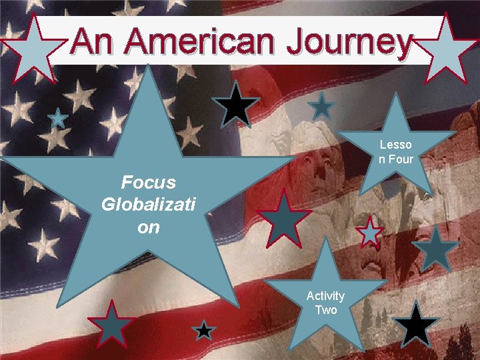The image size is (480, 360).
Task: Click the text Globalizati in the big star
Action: click(x=149, y=204)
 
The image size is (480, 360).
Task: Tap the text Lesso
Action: click(x=396, y=145)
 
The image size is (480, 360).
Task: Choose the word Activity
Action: click(x=325, y=295)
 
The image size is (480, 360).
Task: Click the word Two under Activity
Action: click(x=326, y=309)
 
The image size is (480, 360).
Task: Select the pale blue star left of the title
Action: click(x=30, y=49)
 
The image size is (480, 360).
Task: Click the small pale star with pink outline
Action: click(x=369, y=233)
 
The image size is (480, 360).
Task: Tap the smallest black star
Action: click(x=205, y=331)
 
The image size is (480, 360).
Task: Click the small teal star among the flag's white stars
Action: click(x=58, y=119)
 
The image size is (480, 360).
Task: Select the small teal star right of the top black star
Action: click(x=322, y=107)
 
